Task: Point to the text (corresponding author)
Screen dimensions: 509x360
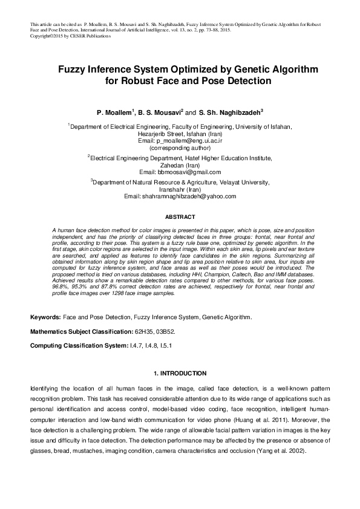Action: tap(180, 147)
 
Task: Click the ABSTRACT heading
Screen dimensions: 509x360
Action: tap(180, 216)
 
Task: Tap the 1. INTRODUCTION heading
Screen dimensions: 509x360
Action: tap(180, 373)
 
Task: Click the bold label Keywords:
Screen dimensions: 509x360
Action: tap(45, 317)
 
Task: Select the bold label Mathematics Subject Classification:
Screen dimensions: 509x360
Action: tap(80, 331)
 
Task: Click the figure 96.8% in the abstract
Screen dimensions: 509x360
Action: tap(61, 288)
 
